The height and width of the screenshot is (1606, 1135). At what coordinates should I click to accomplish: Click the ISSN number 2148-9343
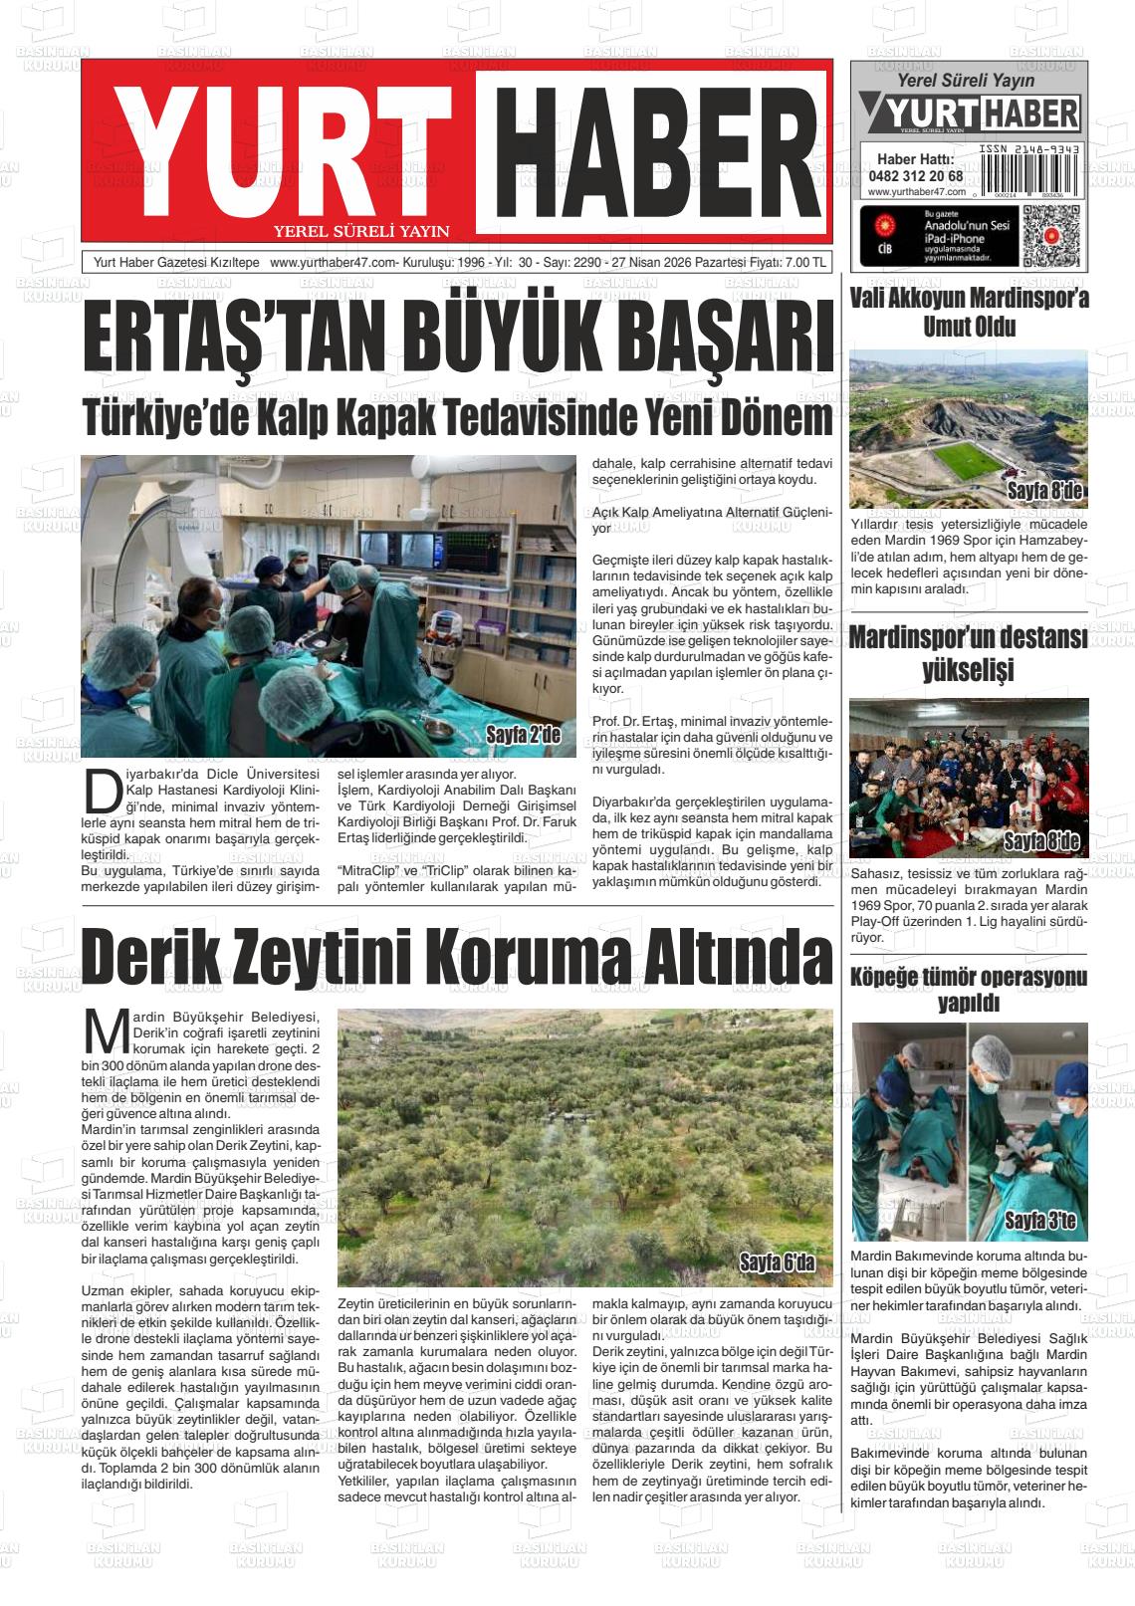[x=1029, y=148]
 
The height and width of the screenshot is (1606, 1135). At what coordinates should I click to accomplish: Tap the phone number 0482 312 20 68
[x=915, y=176]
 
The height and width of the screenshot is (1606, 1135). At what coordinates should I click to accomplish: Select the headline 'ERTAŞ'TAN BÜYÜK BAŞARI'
[x=457, y=340]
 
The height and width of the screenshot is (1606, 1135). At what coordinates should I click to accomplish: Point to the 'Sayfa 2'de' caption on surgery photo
[x=524, y=736]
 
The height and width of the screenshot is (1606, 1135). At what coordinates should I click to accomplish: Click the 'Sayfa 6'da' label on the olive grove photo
[x=777, y=1263]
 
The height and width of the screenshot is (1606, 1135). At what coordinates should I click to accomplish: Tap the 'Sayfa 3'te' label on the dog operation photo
[x=1040, y=1221]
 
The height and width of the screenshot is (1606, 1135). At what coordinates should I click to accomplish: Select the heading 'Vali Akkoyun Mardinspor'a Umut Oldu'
[x=969, y=312]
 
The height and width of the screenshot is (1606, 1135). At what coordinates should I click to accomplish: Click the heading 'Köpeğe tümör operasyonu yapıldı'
[x=969, y=989]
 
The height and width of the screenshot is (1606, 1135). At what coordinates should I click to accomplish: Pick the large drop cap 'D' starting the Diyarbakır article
[x=102, y=788]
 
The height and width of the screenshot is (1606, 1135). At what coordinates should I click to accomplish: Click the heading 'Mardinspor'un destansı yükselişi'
[x=968, y=653]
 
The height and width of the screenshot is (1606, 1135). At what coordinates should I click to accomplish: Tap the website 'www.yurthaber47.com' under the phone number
[x=917, y=191]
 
